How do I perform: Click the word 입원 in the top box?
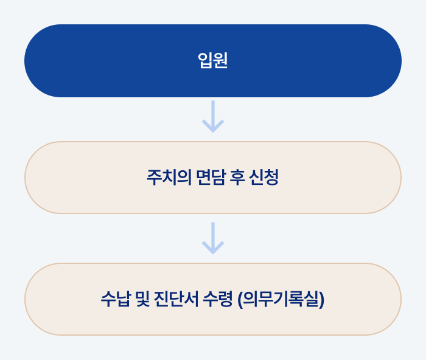point(213,61)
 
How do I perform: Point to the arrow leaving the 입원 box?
point(213,117)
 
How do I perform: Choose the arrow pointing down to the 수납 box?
point(213,238)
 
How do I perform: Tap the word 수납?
point(116,299)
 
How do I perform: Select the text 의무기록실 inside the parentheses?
point(281,299)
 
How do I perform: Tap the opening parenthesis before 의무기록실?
point(242,300)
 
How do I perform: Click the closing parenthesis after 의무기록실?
point(321,300)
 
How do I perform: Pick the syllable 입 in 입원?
point(205,61)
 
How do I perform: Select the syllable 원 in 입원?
point(220,61)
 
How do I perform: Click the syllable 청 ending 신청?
point(271,178)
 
